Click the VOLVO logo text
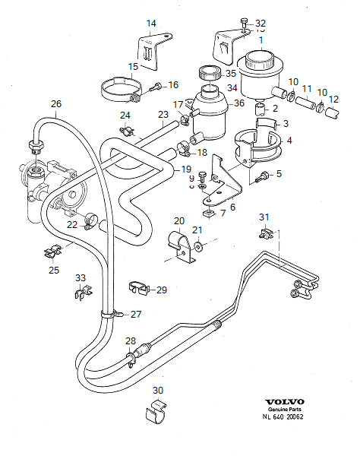tap(285, 401)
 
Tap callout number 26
tap(55, 104)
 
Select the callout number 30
tap(157, 391)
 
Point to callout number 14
tap(151, 24)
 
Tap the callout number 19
tap(186, 168)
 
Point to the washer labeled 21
tap(198, 245)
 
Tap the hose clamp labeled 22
tap(90, 221)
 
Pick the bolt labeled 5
tap(264, 176)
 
